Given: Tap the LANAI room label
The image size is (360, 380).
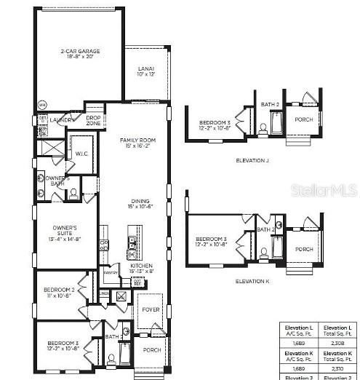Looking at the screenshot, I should (x=146, y=71).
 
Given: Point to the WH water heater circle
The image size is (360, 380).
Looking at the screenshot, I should (x=41, y=104).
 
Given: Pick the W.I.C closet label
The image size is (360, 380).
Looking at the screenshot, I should (x=81, y=154).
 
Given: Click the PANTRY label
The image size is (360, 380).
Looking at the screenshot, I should (x=111, y=272).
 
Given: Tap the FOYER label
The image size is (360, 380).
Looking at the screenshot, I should (x=151, y=309).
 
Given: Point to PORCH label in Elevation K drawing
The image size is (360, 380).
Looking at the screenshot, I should (x=304, y=249).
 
